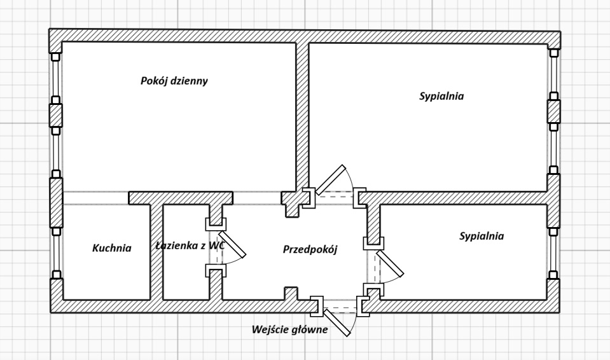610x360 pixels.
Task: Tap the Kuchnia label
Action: pos(111,248)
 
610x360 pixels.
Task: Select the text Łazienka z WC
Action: pos(190,246)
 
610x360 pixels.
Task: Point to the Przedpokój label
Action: pos(310,249)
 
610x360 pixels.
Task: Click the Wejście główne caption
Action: pos(289,329)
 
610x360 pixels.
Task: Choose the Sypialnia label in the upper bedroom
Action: pos(441,97)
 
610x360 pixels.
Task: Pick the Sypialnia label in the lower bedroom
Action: pos(482,236)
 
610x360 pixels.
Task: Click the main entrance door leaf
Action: pos(338,322)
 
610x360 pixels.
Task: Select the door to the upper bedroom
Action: pos(331,180)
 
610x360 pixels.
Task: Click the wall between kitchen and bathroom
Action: pos(156,251)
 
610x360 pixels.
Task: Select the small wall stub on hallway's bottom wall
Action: pos(291,294)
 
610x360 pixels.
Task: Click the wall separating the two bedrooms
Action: pos(458,197)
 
